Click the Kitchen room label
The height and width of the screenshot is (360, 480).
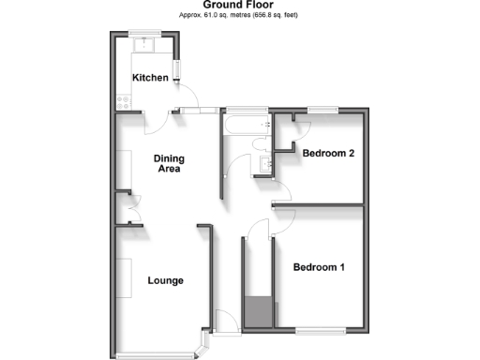(150, 78)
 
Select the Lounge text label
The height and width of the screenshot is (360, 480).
(165, 280)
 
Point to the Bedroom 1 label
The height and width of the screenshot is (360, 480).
(319, 268)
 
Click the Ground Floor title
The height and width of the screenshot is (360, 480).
(238, 5)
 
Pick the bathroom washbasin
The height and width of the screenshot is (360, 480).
(264, 165)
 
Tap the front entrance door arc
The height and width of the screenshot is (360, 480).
(225, 322)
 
